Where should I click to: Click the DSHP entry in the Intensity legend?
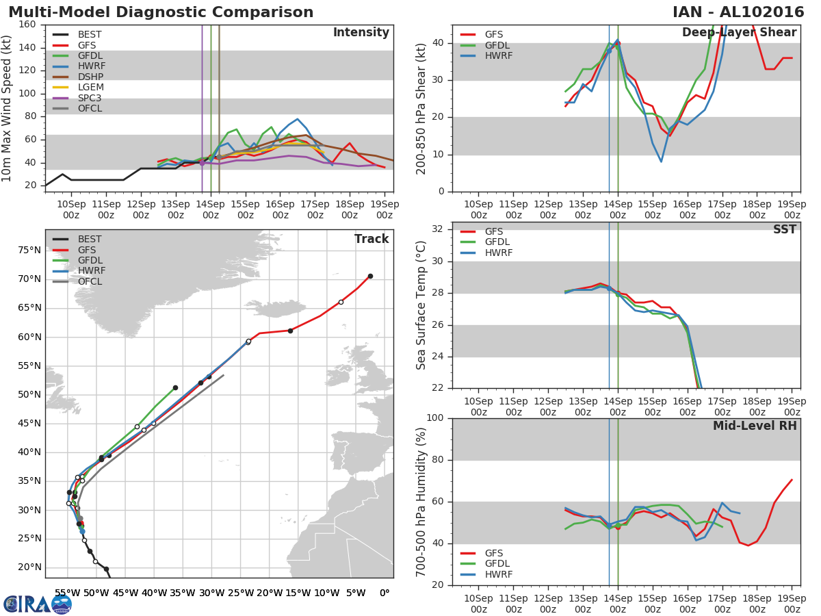(x=90, y=77)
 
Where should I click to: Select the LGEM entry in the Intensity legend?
(x=90, y=88)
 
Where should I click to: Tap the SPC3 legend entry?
(x=90, y=98)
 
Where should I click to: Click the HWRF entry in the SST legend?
(x=498, y=253)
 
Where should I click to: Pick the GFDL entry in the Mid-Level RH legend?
(x=498, y=564)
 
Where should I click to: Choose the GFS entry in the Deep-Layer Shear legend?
(x=495, y=34)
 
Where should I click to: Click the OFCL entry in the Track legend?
(x=90, y=281)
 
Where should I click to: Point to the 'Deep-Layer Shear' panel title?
(x=739, y=33)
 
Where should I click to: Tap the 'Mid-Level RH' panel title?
(x=755, y=426)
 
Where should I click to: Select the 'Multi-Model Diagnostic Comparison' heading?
(x=161, y=12)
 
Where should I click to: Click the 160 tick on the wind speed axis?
(x=28, y=25)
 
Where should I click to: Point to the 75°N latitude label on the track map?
(x=29, y=250)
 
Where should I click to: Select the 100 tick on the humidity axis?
(x=436, y=418)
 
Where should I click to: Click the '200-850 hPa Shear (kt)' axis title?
(x=421, y=108)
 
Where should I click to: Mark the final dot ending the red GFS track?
(x=370, y=276)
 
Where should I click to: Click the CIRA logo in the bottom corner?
(x=38, y=604)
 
